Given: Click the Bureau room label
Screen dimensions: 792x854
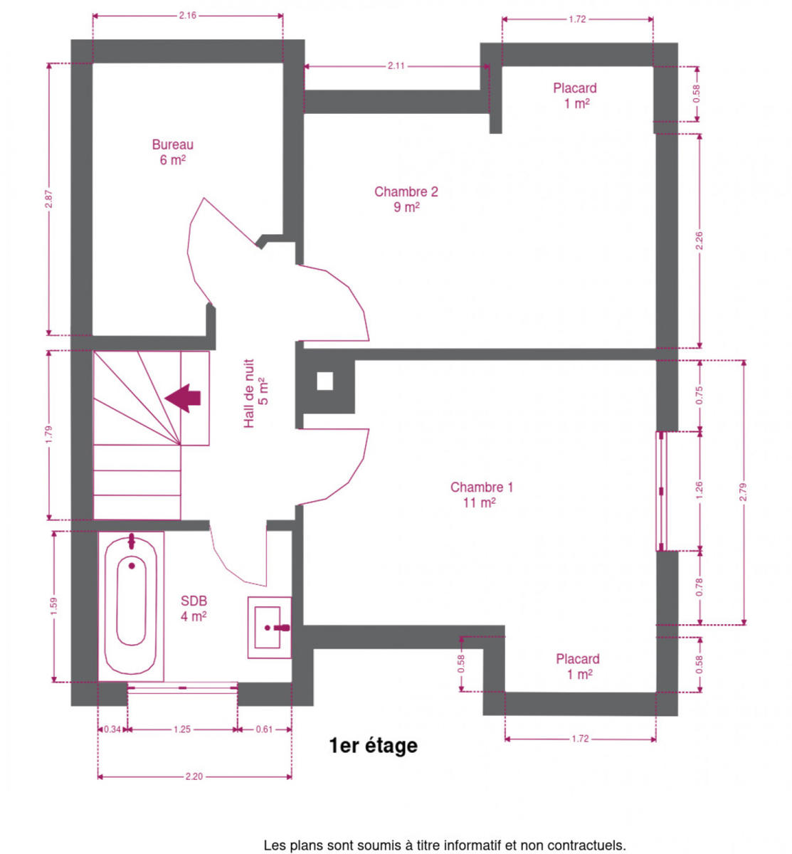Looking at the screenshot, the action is click(172, 152).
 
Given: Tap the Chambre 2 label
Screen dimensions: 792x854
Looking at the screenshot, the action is click(406, 199).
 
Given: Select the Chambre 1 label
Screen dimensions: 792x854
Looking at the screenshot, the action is click(481, 495).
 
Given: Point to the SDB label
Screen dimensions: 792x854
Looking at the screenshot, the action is click(194, 608).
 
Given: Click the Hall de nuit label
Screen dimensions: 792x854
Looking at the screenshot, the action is click(256, 393).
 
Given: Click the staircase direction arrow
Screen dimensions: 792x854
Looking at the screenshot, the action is click(183, 398).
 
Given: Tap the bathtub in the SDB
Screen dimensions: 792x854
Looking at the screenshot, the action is click(131, 606).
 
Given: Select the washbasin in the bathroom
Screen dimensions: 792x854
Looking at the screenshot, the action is click(269, 628).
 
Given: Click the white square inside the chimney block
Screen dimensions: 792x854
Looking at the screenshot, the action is click(324, 381).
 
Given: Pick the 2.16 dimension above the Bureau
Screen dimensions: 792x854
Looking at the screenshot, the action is click(187, 16).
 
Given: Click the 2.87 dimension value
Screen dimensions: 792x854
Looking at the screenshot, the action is click(48, 199).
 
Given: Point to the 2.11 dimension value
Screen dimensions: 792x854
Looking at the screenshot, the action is click(396, 66).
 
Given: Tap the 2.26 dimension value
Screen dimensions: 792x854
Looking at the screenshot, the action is click(699, 241).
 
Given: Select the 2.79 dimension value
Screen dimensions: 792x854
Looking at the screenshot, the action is click(744, 492).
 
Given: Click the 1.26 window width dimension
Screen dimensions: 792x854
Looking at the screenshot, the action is click(699, 490).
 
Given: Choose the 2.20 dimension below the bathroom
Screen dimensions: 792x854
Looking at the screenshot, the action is click(194, 776).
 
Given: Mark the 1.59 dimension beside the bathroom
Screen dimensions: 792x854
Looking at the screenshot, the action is click(54, 606).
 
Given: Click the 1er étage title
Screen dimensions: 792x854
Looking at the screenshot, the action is click(373, 746).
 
